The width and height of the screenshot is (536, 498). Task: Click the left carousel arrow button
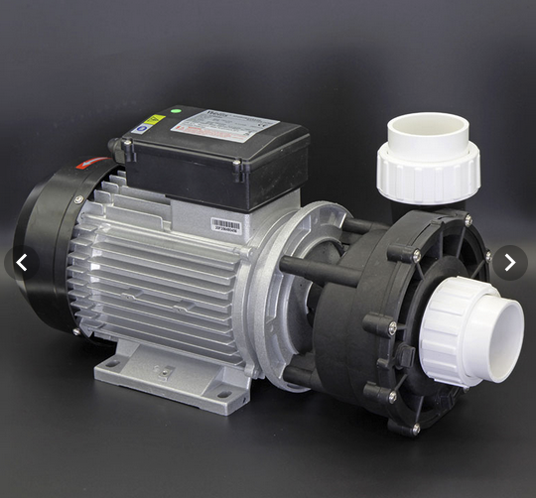pos(23,263)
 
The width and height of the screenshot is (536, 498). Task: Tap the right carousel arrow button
pos(509,263)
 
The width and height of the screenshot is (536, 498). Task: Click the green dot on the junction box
pos(175,111)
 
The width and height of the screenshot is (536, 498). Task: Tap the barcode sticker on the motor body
pos(226,225)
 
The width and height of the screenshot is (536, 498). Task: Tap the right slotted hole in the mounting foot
pos(223,395)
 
